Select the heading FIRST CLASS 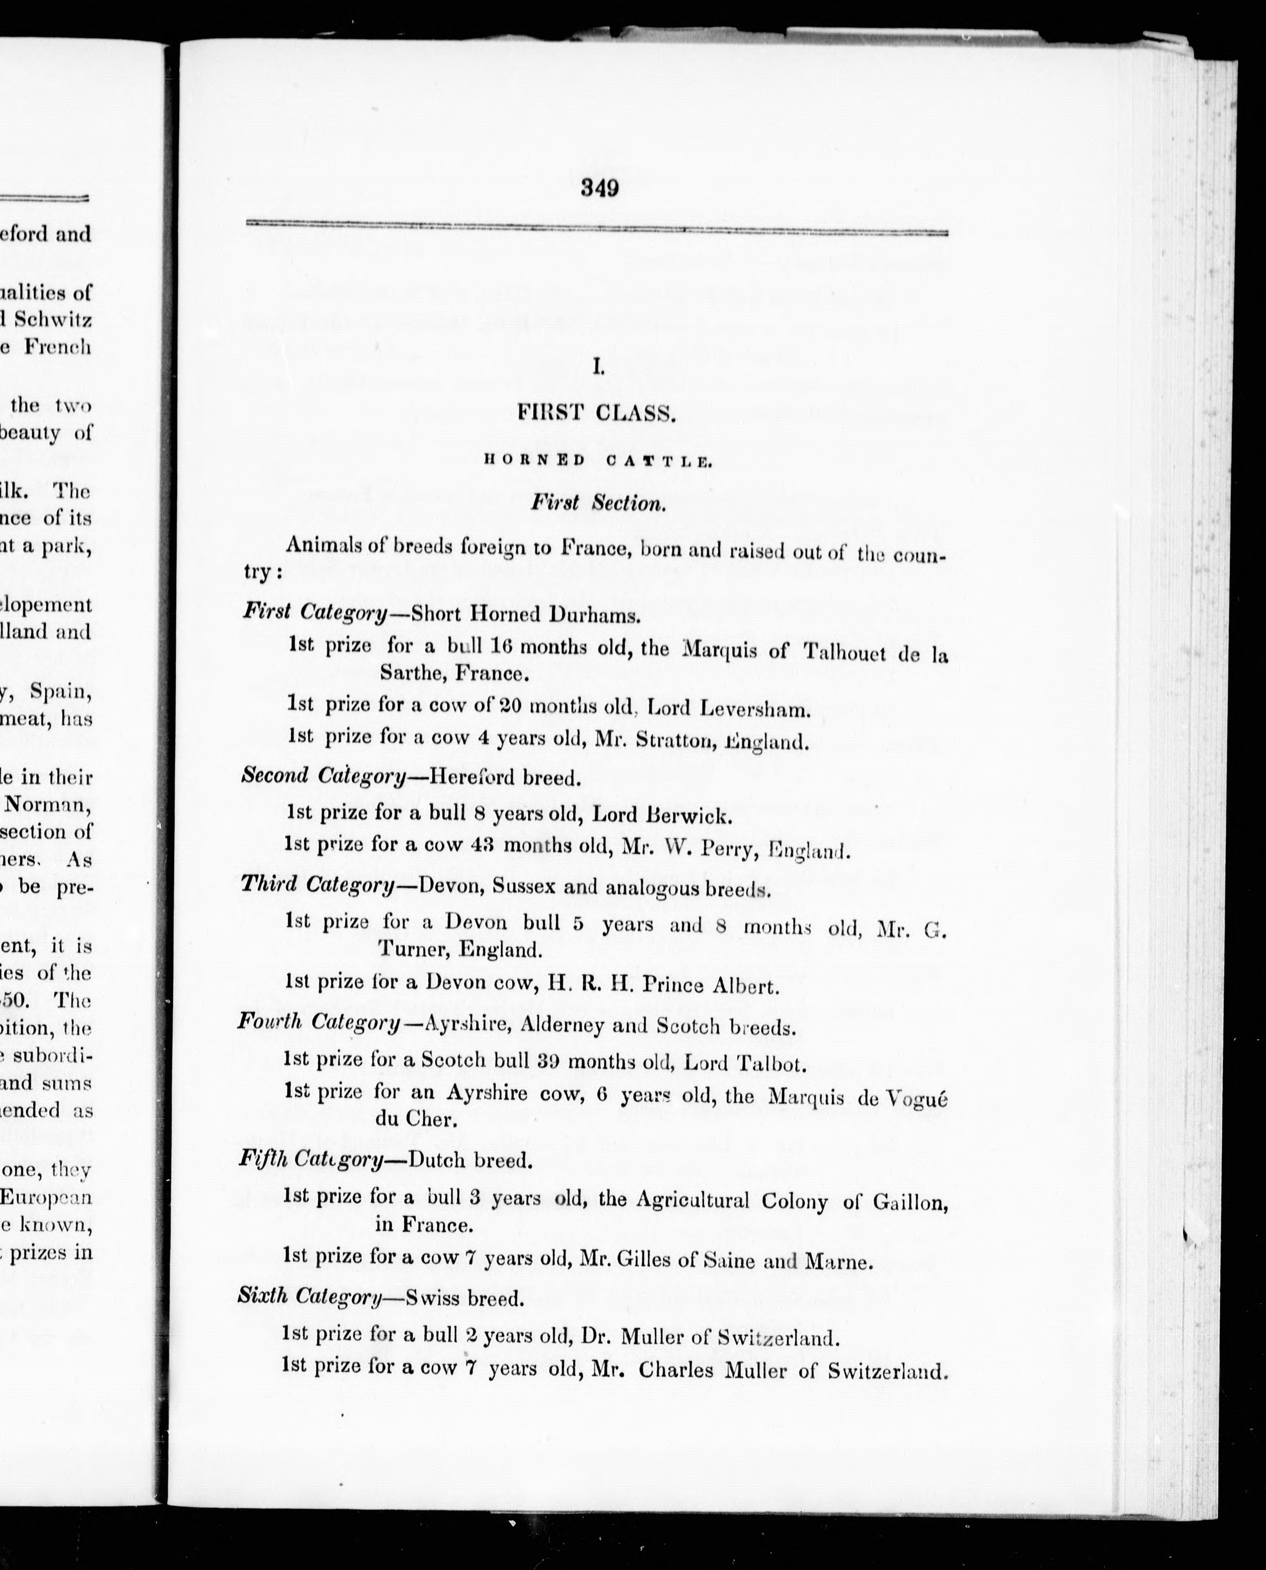point(596,413)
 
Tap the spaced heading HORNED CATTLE point(597,460)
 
